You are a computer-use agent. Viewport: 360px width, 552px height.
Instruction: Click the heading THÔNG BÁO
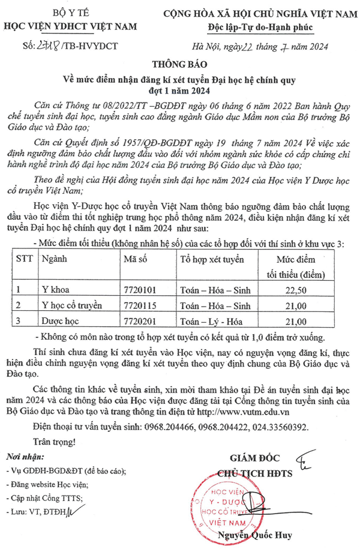179,65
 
